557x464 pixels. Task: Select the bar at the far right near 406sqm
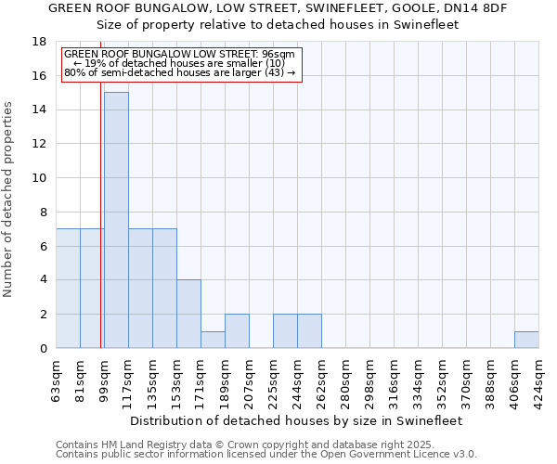526,340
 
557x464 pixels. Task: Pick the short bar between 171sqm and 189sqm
213,340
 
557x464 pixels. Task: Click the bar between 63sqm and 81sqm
68,288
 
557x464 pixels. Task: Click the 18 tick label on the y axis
40,42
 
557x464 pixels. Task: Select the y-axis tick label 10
40,178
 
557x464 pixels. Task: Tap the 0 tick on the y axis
43,349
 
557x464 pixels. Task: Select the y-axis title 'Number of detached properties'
9,200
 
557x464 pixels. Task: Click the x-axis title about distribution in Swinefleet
297,420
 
